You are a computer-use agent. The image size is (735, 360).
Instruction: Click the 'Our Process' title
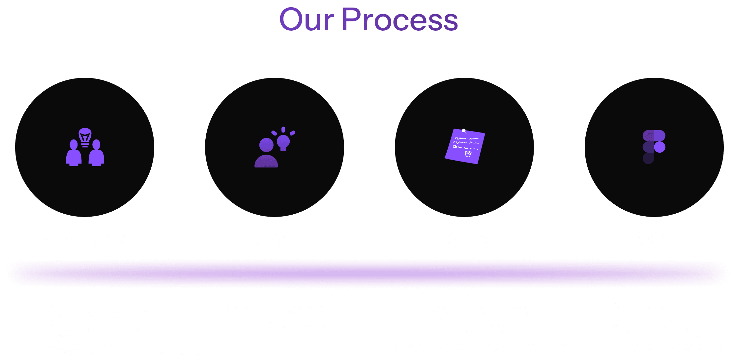[368, 20]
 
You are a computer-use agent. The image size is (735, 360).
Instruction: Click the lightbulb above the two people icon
[85, 136]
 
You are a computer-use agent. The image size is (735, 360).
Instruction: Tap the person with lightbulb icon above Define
[274, 147]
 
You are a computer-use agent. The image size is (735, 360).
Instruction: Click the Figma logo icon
[654, 147]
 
